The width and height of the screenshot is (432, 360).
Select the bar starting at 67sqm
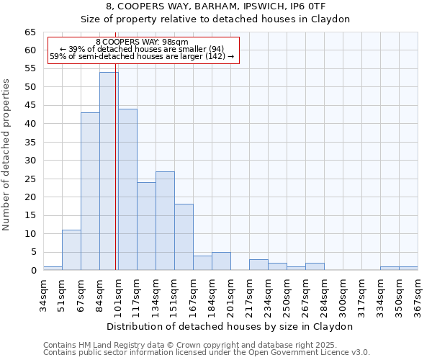pos(90,192)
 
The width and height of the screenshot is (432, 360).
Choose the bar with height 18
pos(184,238)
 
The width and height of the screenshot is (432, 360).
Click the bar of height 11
pos(71,250)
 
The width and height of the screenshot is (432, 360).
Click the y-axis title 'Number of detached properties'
pos(7,155)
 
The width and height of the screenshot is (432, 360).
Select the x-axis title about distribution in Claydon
pos(230,326)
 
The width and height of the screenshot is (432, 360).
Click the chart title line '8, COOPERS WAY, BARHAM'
pos(215,6)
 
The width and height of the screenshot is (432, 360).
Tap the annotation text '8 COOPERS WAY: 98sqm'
pos(142,42)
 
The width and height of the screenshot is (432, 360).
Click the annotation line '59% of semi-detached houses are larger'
pos(142,56)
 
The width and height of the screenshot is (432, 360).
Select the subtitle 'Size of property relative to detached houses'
pos(215,19)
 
